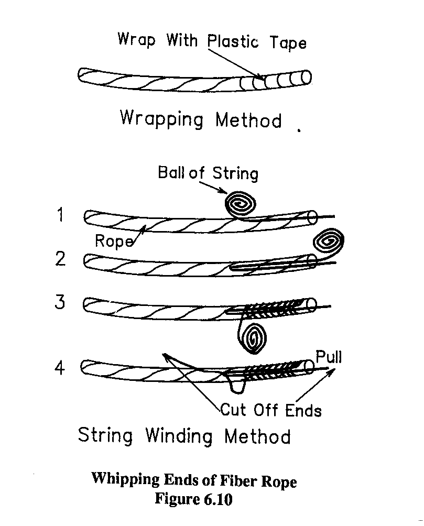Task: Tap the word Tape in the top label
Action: pyautogui.click(x=288, y=43)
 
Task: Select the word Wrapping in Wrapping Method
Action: pyautogui.click(x=161, y=118)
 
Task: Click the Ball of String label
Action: pyautogui.click(x=208, y=173)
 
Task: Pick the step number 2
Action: pyautogui.click(x=61, y=259)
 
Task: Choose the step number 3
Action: pyautogui.click(x=61, y=302)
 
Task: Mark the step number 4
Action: pyautogui.click(x=60, y=368)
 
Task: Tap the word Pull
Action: pyautogui.click(x=329, y=357)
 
